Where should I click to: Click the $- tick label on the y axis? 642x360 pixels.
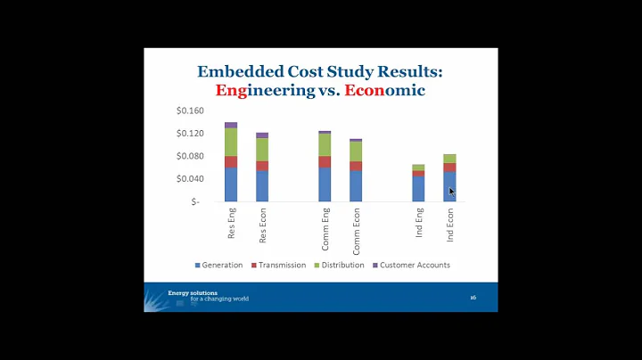(x=195, y=201)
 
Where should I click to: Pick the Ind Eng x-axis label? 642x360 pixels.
(x=419, y=223)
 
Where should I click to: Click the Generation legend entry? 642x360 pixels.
(x=218, y=265)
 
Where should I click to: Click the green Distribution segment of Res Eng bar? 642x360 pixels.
(x=231, y=142)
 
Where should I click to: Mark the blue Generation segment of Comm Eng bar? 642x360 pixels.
(x=325, y=184)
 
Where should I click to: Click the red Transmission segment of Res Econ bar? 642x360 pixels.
(x=262, y=166)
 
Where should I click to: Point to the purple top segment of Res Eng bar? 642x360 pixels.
(x=231, y=125)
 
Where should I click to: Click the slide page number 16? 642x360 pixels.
(x=473, y=297)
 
